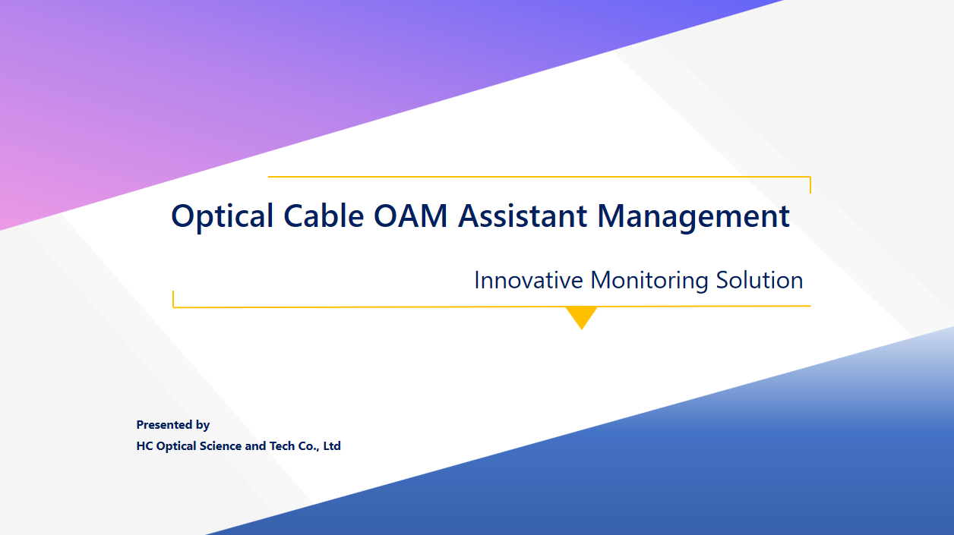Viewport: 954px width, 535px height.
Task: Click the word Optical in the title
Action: pos(222,216)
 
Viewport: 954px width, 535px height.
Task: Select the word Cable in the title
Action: pos(324,216)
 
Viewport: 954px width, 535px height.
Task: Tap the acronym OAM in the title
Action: pos(411,216)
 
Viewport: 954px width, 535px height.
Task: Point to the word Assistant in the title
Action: pos(523,216)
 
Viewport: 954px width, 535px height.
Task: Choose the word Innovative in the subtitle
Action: pos(529,280)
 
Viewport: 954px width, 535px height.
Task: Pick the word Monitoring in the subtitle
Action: pos(649,281)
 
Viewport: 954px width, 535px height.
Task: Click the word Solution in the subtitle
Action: pos(760,280)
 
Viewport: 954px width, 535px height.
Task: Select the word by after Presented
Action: pos(203,425)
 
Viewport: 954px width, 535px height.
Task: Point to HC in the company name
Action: pos(144,446)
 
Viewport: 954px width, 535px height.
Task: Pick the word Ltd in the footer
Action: pos(332,446)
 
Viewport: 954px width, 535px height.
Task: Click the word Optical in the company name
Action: pos(176,447)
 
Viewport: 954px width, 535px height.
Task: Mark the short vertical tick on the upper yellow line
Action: pos(810,185)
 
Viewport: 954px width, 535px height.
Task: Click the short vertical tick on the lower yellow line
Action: pos(173,299)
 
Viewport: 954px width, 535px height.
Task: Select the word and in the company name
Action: pos(255,446)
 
